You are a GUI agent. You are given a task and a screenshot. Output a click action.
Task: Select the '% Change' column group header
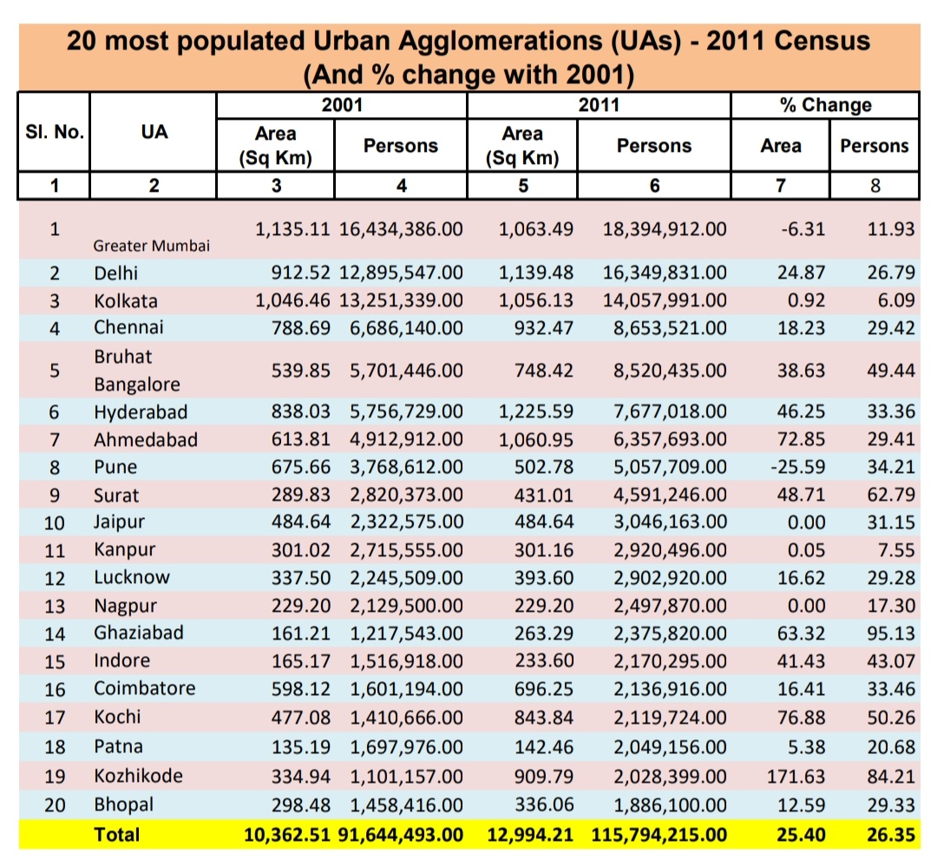[824, 106]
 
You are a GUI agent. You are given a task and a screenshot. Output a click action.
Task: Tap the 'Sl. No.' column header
[54, 133]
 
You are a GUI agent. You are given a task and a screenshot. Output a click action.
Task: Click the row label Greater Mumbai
[151, 246]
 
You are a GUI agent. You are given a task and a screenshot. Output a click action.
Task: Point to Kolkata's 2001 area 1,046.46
[293, 301]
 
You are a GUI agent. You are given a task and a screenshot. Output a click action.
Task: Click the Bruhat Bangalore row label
[137, 371]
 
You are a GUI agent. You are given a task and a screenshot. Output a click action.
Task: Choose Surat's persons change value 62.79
[891, 495]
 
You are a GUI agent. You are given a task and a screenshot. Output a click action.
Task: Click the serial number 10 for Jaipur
[55, 523]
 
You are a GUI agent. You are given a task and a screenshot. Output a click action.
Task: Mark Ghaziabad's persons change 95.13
[891, 633]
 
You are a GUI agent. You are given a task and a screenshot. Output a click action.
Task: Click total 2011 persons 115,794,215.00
[659, 834]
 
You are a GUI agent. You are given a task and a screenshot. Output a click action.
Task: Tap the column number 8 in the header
[874, 185]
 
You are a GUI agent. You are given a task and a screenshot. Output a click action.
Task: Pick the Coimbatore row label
[145, 689]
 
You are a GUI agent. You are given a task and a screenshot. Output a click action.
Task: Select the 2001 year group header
[341, 106]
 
